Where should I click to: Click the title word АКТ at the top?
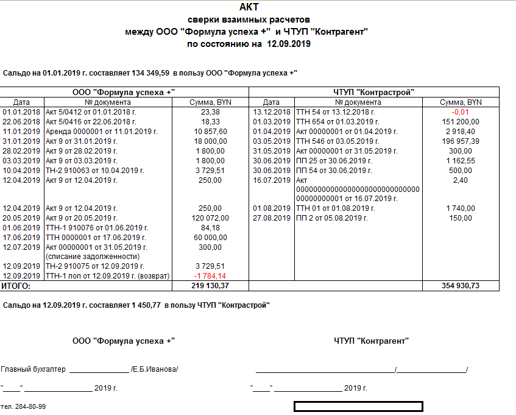[249, 7]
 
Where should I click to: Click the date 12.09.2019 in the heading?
[286, 43]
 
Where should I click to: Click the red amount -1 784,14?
[210, 275]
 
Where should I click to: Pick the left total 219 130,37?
[210, 285]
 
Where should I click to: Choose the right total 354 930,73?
[461, 285]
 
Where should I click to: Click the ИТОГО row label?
[16, 285]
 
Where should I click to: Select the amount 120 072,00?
[210, 218]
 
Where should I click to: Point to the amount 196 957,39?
[461, 141]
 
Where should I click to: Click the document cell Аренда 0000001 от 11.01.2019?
[102, 132]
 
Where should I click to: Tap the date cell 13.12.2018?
[271, 112]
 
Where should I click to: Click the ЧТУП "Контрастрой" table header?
[374, 92]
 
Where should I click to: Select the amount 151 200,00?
[461, 122]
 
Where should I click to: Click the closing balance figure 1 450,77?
[146, 304]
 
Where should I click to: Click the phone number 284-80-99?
[29, 406]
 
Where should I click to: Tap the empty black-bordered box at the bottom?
[358, 406]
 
